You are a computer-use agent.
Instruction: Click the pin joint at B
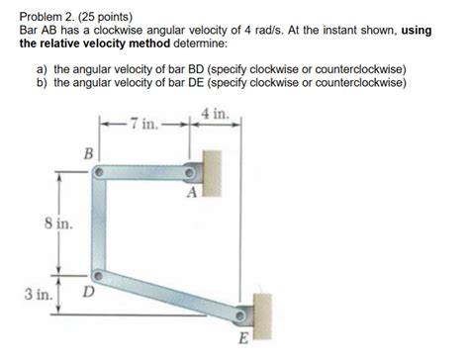coord(99,170)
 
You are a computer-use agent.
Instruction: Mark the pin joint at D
coord(97,276)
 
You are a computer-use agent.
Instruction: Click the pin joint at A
coord(195,170)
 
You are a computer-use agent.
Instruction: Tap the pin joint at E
coord(241,317)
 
